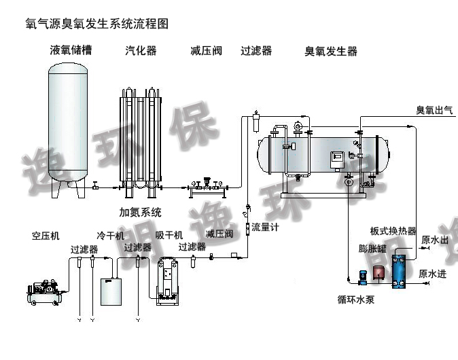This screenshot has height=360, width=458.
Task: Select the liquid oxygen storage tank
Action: (71, 126)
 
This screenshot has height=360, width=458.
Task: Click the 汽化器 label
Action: (141, 51)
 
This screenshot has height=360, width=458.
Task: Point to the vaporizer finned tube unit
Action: (141, 139)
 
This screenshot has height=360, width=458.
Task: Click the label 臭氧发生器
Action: (330, 51)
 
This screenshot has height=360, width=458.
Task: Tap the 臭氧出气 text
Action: (434, 110)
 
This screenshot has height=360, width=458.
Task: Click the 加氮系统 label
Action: (141, 213)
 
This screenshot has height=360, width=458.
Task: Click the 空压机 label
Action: (46, 236)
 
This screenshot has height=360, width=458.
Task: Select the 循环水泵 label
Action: (356, 299)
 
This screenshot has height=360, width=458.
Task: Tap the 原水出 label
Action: (434, 240)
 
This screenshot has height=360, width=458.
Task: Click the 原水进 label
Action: (433, 274)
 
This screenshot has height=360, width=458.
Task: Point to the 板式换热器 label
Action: (393, 232)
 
